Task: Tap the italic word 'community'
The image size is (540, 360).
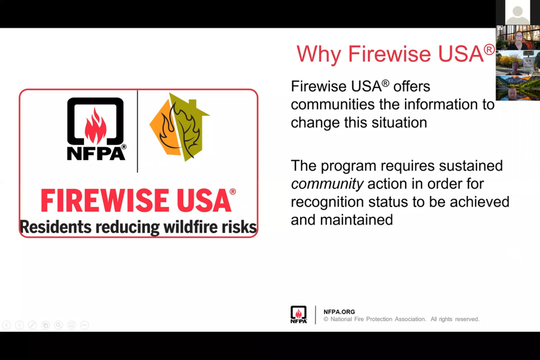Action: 327,184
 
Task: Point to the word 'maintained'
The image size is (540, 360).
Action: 356,220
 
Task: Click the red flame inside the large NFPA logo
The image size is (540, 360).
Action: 96,126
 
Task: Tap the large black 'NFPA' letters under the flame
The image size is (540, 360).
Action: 96,153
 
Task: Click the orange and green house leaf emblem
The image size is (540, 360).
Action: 179,127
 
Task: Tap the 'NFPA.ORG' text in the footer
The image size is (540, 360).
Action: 339,312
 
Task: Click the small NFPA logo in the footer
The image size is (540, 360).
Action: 299,314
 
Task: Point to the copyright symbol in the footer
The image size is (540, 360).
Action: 326,319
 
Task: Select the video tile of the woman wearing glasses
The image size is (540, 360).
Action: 518,37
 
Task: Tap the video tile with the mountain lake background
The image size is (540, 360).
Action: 518,88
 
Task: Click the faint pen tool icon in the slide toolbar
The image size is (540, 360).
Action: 33,325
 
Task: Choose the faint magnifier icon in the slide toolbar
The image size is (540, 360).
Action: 59,325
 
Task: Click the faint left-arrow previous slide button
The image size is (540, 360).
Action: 7,325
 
